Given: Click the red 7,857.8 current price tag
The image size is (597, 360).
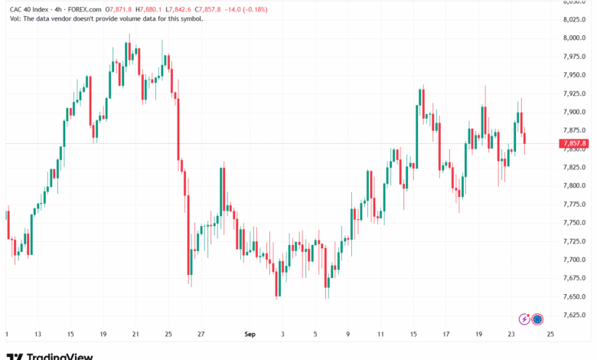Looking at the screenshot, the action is [x=574, y=144].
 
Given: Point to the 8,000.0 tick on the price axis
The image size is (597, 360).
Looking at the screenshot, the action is [x=574, y=38].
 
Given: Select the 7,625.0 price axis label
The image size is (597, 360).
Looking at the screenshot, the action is [x=574, y=315].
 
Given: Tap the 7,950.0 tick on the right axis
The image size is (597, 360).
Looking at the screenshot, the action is [x=574, y=75].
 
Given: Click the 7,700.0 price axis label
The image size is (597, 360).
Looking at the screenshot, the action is [x=574, y=260].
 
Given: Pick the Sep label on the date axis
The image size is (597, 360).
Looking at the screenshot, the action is [x=250, y=334].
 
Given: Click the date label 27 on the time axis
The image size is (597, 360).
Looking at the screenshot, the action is [x=201, y=334].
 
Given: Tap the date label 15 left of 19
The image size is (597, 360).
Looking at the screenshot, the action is [x=70, y=334].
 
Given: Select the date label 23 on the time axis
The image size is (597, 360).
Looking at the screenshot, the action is [x=511, y=334].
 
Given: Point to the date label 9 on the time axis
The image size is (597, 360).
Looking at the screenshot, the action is [x=347, y=334].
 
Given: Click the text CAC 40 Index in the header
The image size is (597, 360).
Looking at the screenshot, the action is [x=29, y=9].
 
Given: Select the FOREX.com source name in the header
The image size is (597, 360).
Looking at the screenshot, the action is [x=84, y=9].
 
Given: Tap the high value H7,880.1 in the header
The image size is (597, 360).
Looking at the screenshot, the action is [x=148, y=9].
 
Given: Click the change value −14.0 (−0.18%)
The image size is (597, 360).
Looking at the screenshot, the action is [x=246, y=9].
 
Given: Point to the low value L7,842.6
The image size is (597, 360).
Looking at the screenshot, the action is [x=178, y=9].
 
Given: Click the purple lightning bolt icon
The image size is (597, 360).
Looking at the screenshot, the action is [x=524, y=319].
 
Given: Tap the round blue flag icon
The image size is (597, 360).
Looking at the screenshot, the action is [x=537, y=319].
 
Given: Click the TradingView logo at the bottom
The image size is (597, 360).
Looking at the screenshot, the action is [x=50, y=357].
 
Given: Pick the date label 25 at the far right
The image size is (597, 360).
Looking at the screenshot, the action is [x=550, y=334].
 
